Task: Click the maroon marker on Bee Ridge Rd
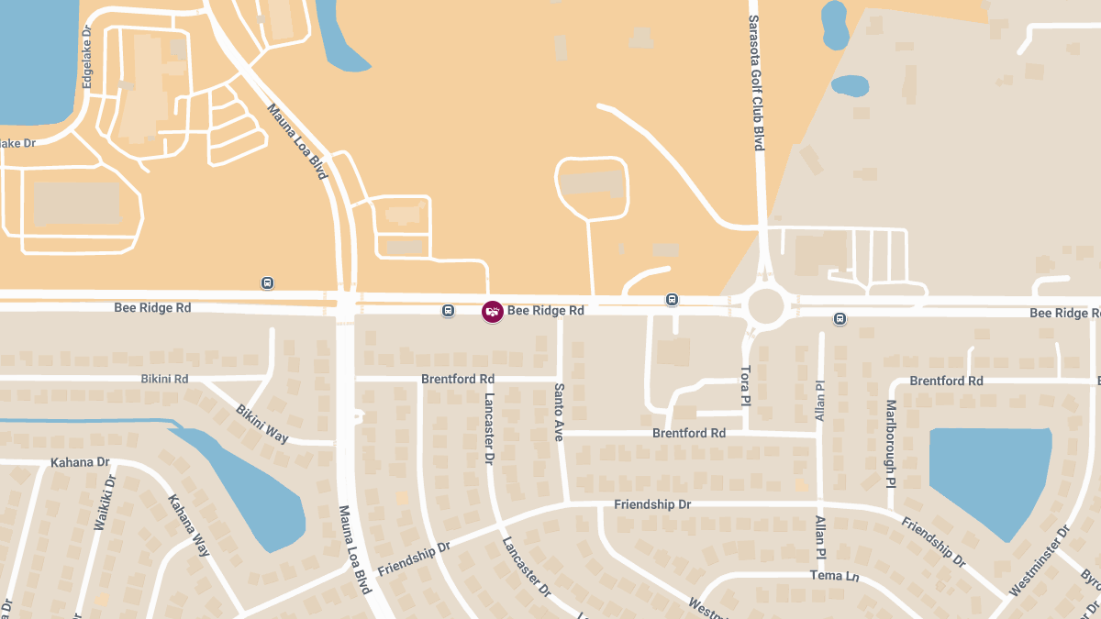493,312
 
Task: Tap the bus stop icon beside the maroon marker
448,311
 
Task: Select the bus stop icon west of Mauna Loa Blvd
267,283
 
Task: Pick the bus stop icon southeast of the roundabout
840,319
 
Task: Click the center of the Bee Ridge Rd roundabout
766,306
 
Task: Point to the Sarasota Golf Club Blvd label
758,83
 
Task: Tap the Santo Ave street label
558,412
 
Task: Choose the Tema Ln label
834,576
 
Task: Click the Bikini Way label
262,424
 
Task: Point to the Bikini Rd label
164,379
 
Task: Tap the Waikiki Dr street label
105,503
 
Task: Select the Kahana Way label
189,525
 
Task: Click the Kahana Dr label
80,462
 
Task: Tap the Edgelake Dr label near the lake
88,62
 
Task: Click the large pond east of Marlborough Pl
989,478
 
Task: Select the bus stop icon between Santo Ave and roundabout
673,300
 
